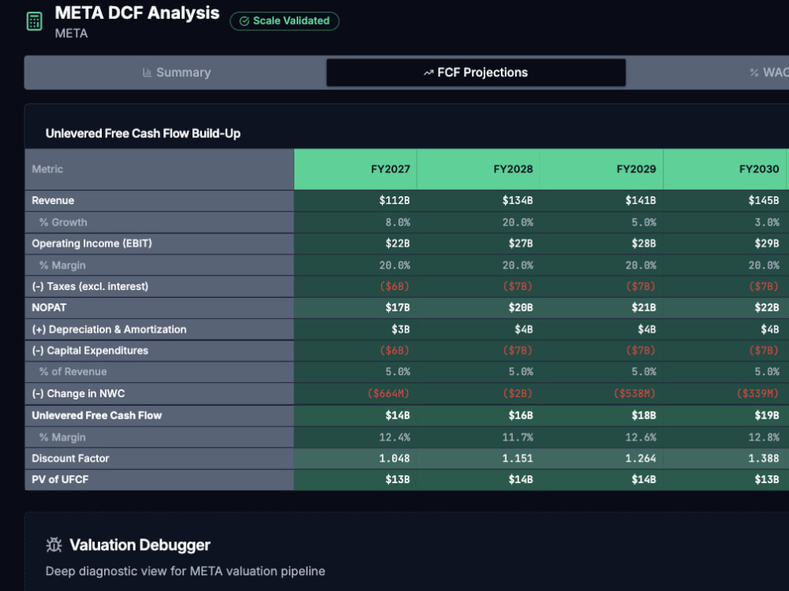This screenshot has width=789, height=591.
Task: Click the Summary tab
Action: [x=176, y=72]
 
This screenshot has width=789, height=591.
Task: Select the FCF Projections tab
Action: [x=476, y=72]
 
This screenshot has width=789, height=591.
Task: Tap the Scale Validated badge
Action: [x=284, y=21]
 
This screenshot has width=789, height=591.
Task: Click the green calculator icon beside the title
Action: [x=34, y=21]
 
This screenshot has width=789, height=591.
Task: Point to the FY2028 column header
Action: [x=513, y=169]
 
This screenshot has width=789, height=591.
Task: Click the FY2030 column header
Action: [x=759, y=169]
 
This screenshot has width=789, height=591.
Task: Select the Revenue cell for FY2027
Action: [x=394, y=200]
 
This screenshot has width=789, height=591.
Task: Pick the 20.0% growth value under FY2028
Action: [x=518, y=222]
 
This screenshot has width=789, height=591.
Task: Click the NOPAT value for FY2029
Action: [x=644, y=307]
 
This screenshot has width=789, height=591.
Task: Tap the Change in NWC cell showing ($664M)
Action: [x=388, y=393]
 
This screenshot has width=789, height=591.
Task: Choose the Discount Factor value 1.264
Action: [x=641, y=459]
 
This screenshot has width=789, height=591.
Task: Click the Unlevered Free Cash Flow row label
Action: [x=96, y=415]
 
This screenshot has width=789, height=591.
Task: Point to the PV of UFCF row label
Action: [x=60, y=479]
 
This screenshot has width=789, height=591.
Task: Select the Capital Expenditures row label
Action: [x=90, y=351]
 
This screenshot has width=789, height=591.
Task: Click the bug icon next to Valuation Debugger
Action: [x=54, y=545]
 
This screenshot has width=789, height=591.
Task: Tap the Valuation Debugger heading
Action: [x=140, y=545]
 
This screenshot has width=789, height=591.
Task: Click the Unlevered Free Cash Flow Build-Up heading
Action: [x=143, y=134]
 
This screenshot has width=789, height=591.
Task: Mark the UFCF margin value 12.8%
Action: [x=763, y=437]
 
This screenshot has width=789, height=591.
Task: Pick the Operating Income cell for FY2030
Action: [x=766, y=243]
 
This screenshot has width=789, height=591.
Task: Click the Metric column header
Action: [x=47, y=169]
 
